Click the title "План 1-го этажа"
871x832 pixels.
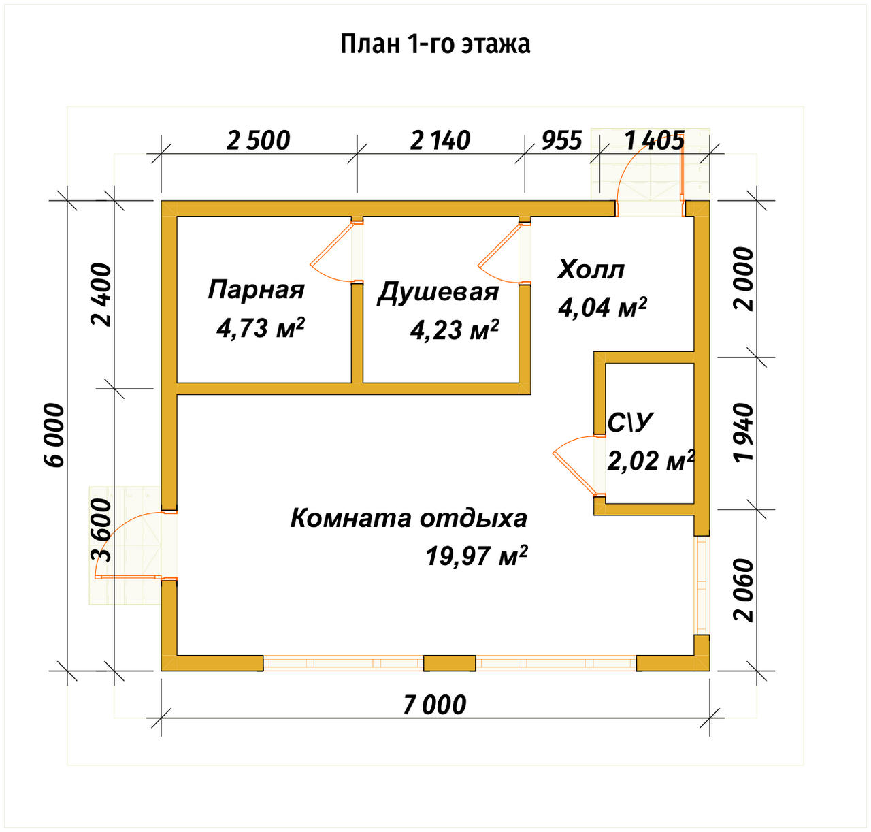click(435, 44)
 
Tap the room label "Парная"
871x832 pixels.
click(256, 289)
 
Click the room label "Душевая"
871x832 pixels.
click(438, 292)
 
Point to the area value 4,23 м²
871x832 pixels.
click(454, 330)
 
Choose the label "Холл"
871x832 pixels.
click(591, 270)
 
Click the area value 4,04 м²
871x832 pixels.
click(602, 307)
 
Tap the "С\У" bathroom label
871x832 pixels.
click(629, 423)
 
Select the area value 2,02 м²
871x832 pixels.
click(650, 461)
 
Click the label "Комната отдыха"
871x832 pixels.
click(408, 518)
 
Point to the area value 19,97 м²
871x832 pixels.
click(476, 556)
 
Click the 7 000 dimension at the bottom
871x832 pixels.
click(435, 705)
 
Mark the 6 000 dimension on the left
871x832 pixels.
click(54, 436)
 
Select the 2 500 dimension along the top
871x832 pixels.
click(259, 140)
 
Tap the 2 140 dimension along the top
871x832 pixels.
click(440, 140)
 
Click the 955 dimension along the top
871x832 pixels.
click(561, 140)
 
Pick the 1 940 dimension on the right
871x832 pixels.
click(744, 432)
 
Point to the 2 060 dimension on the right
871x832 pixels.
click(744, 590)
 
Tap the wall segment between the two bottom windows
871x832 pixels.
click(450, 663)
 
